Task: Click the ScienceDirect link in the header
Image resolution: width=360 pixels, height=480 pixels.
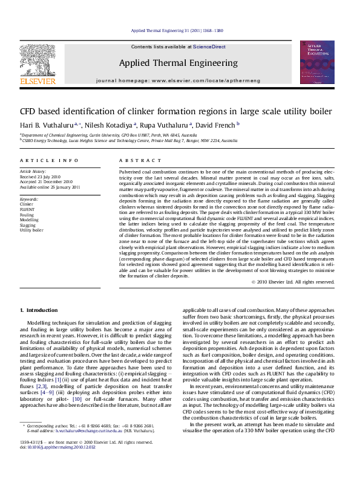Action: (209, 47)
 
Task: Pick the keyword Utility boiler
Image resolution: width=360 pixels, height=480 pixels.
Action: (31, 230)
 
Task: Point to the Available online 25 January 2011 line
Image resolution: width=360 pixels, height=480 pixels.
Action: (50, 187)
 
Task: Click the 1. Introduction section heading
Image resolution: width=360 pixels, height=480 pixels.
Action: (39, 310)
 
